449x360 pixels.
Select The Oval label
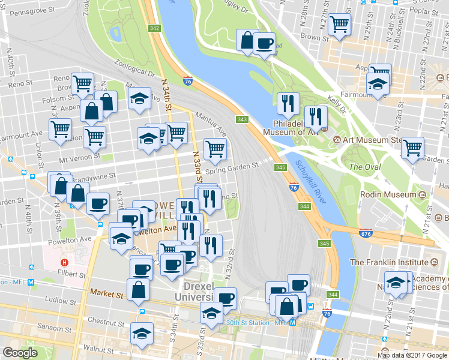[364, 167]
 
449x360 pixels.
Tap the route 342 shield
[155, 28]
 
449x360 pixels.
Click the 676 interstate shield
[365, 232]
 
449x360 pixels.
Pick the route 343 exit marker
[243, 119]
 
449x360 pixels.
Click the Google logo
[20, 353]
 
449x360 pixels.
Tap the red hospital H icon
[64, 262]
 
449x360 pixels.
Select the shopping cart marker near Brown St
[340, 25]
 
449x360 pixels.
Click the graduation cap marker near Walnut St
[142, 334]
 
